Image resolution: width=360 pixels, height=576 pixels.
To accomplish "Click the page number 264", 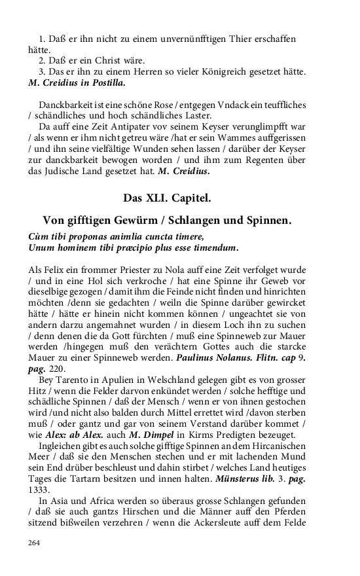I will pos(35,543).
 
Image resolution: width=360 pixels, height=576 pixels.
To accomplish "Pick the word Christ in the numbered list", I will pos(94,60).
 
